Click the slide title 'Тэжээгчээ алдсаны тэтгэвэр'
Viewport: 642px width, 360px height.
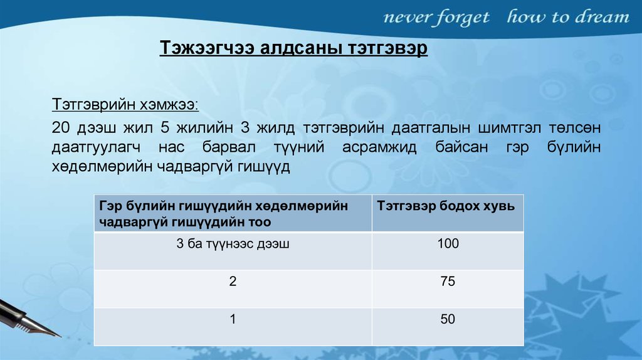click(293, 48)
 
